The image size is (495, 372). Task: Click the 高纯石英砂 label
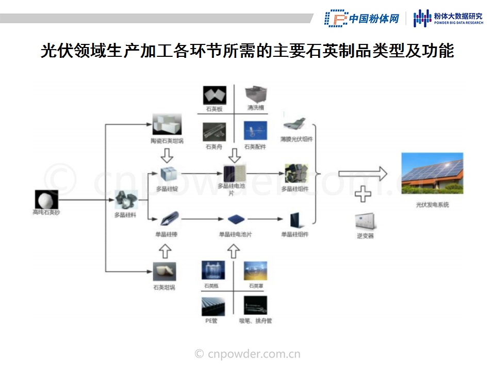click(46, 212)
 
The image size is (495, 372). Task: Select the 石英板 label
click(213, 109)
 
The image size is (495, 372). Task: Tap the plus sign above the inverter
click(363, 194)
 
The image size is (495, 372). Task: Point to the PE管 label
click(212, 321)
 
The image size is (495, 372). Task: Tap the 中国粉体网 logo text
click(374, 19)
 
